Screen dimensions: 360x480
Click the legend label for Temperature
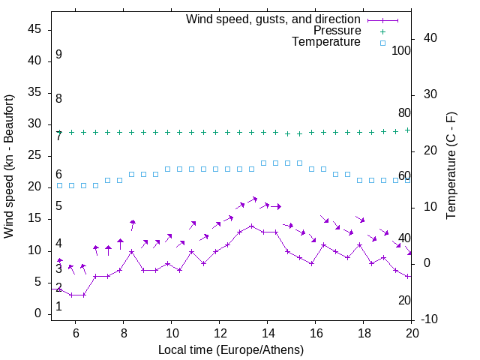326,42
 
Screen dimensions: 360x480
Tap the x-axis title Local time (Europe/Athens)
231,350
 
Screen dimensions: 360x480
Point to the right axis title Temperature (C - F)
451,166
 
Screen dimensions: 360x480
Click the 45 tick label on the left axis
35,30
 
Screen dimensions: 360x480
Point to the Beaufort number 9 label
58,55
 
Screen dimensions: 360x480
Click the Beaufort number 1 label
58,307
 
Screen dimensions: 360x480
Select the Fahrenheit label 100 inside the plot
401,50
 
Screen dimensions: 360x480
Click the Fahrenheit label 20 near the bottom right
404,300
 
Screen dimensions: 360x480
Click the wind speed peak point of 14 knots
252,226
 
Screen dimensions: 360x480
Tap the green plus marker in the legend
382,31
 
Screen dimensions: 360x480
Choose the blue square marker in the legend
382,43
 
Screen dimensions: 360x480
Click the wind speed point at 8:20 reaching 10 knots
131,251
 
